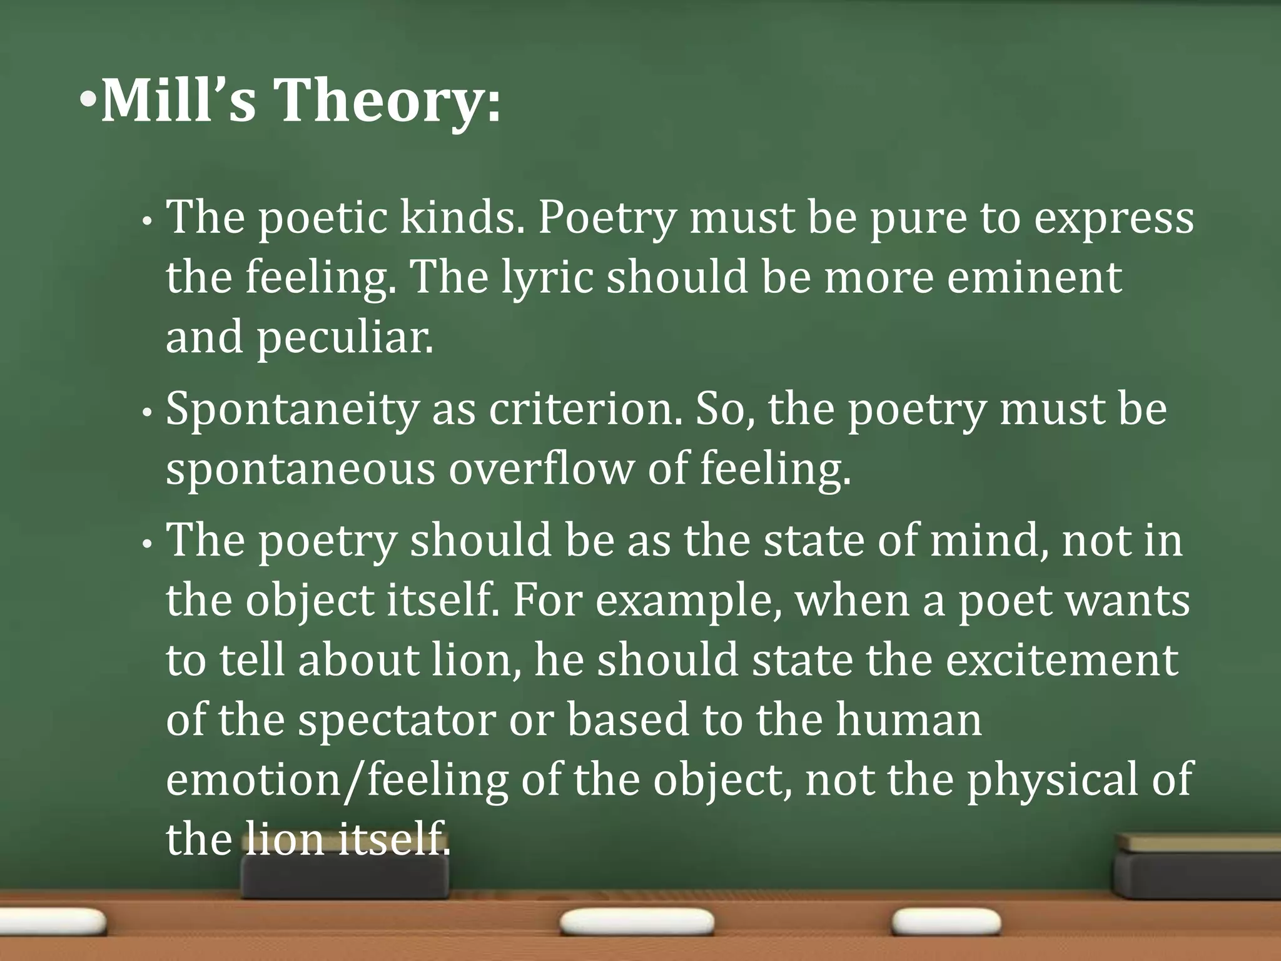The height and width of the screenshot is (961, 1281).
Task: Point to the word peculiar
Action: (345, 338)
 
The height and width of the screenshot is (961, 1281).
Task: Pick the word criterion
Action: (585, 409)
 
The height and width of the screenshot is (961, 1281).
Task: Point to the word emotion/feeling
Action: (337, 780)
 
